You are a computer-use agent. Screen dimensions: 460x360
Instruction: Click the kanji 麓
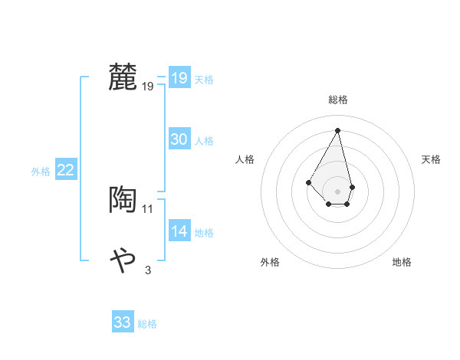[x=123, y=78]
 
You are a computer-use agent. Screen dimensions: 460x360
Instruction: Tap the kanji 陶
[x=123, y=200]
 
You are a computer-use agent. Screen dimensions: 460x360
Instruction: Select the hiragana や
[x=123, y=260]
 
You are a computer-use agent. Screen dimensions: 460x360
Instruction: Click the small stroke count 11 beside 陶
[x=148, y=208]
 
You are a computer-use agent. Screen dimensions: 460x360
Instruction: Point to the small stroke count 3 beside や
[x=148, y=269]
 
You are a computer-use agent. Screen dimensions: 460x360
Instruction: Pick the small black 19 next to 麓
[x=148, y=87]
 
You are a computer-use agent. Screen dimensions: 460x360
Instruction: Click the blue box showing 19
[x=179, y=78]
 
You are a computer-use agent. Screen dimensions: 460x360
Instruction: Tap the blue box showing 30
[x=179, y=139]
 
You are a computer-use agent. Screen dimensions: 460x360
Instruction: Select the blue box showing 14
[x=179, y=231]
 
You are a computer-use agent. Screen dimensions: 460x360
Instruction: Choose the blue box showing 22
[x=66, y=171]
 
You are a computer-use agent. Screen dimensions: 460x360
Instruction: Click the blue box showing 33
[x=123, y=322]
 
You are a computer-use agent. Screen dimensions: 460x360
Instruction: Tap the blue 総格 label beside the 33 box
[x=147, y=324]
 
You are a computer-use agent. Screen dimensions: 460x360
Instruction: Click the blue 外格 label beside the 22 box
[x=41, y=172]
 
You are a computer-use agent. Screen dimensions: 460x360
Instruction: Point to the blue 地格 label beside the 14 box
[x=204, y=233]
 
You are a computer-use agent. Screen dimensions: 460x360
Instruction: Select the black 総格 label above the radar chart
[x=338, y=100]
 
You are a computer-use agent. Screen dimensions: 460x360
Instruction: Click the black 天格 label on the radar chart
[x=432, y=159]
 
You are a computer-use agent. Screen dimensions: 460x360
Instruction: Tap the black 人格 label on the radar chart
[x=245, y=159]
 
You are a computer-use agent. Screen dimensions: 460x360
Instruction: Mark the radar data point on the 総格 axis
[x=338, y=130]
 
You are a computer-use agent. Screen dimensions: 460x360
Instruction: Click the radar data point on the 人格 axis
[x=308, y=182]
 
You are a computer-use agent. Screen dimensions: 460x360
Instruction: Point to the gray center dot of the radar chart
[x=338, y=191]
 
